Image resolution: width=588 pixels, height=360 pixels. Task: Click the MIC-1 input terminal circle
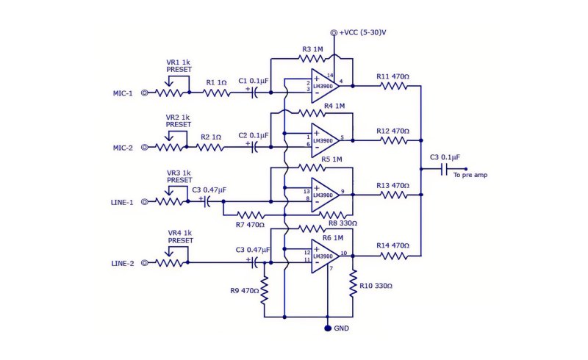point(144,93)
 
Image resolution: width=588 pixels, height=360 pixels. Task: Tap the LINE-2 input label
point(123,263)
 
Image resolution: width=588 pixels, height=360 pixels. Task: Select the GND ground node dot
point(328,328)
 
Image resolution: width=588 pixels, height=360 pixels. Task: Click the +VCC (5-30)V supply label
point(362,32)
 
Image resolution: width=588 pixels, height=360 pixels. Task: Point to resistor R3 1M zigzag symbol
point(312,59)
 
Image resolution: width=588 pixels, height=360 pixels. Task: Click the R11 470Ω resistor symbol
point(394,86)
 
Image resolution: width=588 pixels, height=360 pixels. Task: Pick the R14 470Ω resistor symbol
point(394,256)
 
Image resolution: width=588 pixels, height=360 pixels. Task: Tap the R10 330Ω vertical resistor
point(353,284)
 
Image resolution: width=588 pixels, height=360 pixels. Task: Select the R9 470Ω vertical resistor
point(265,291)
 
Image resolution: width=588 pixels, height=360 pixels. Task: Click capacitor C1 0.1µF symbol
point(254,93)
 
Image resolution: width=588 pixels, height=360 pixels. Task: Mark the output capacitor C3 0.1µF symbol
point(445,169)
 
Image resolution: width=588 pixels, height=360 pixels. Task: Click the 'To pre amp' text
point(470,175)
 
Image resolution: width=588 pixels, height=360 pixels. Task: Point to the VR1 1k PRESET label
point(179,65)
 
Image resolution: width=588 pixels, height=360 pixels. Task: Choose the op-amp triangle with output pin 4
point(325,86)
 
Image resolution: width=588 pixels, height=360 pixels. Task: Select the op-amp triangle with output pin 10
point(325,256)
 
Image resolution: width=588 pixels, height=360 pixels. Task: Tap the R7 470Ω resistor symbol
point(250,215)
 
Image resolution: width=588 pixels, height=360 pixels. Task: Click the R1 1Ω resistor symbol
point(217,93)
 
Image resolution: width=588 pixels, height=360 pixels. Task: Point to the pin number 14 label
point(330,76)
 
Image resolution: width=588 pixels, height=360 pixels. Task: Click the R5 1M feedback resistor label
point(331,159)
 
